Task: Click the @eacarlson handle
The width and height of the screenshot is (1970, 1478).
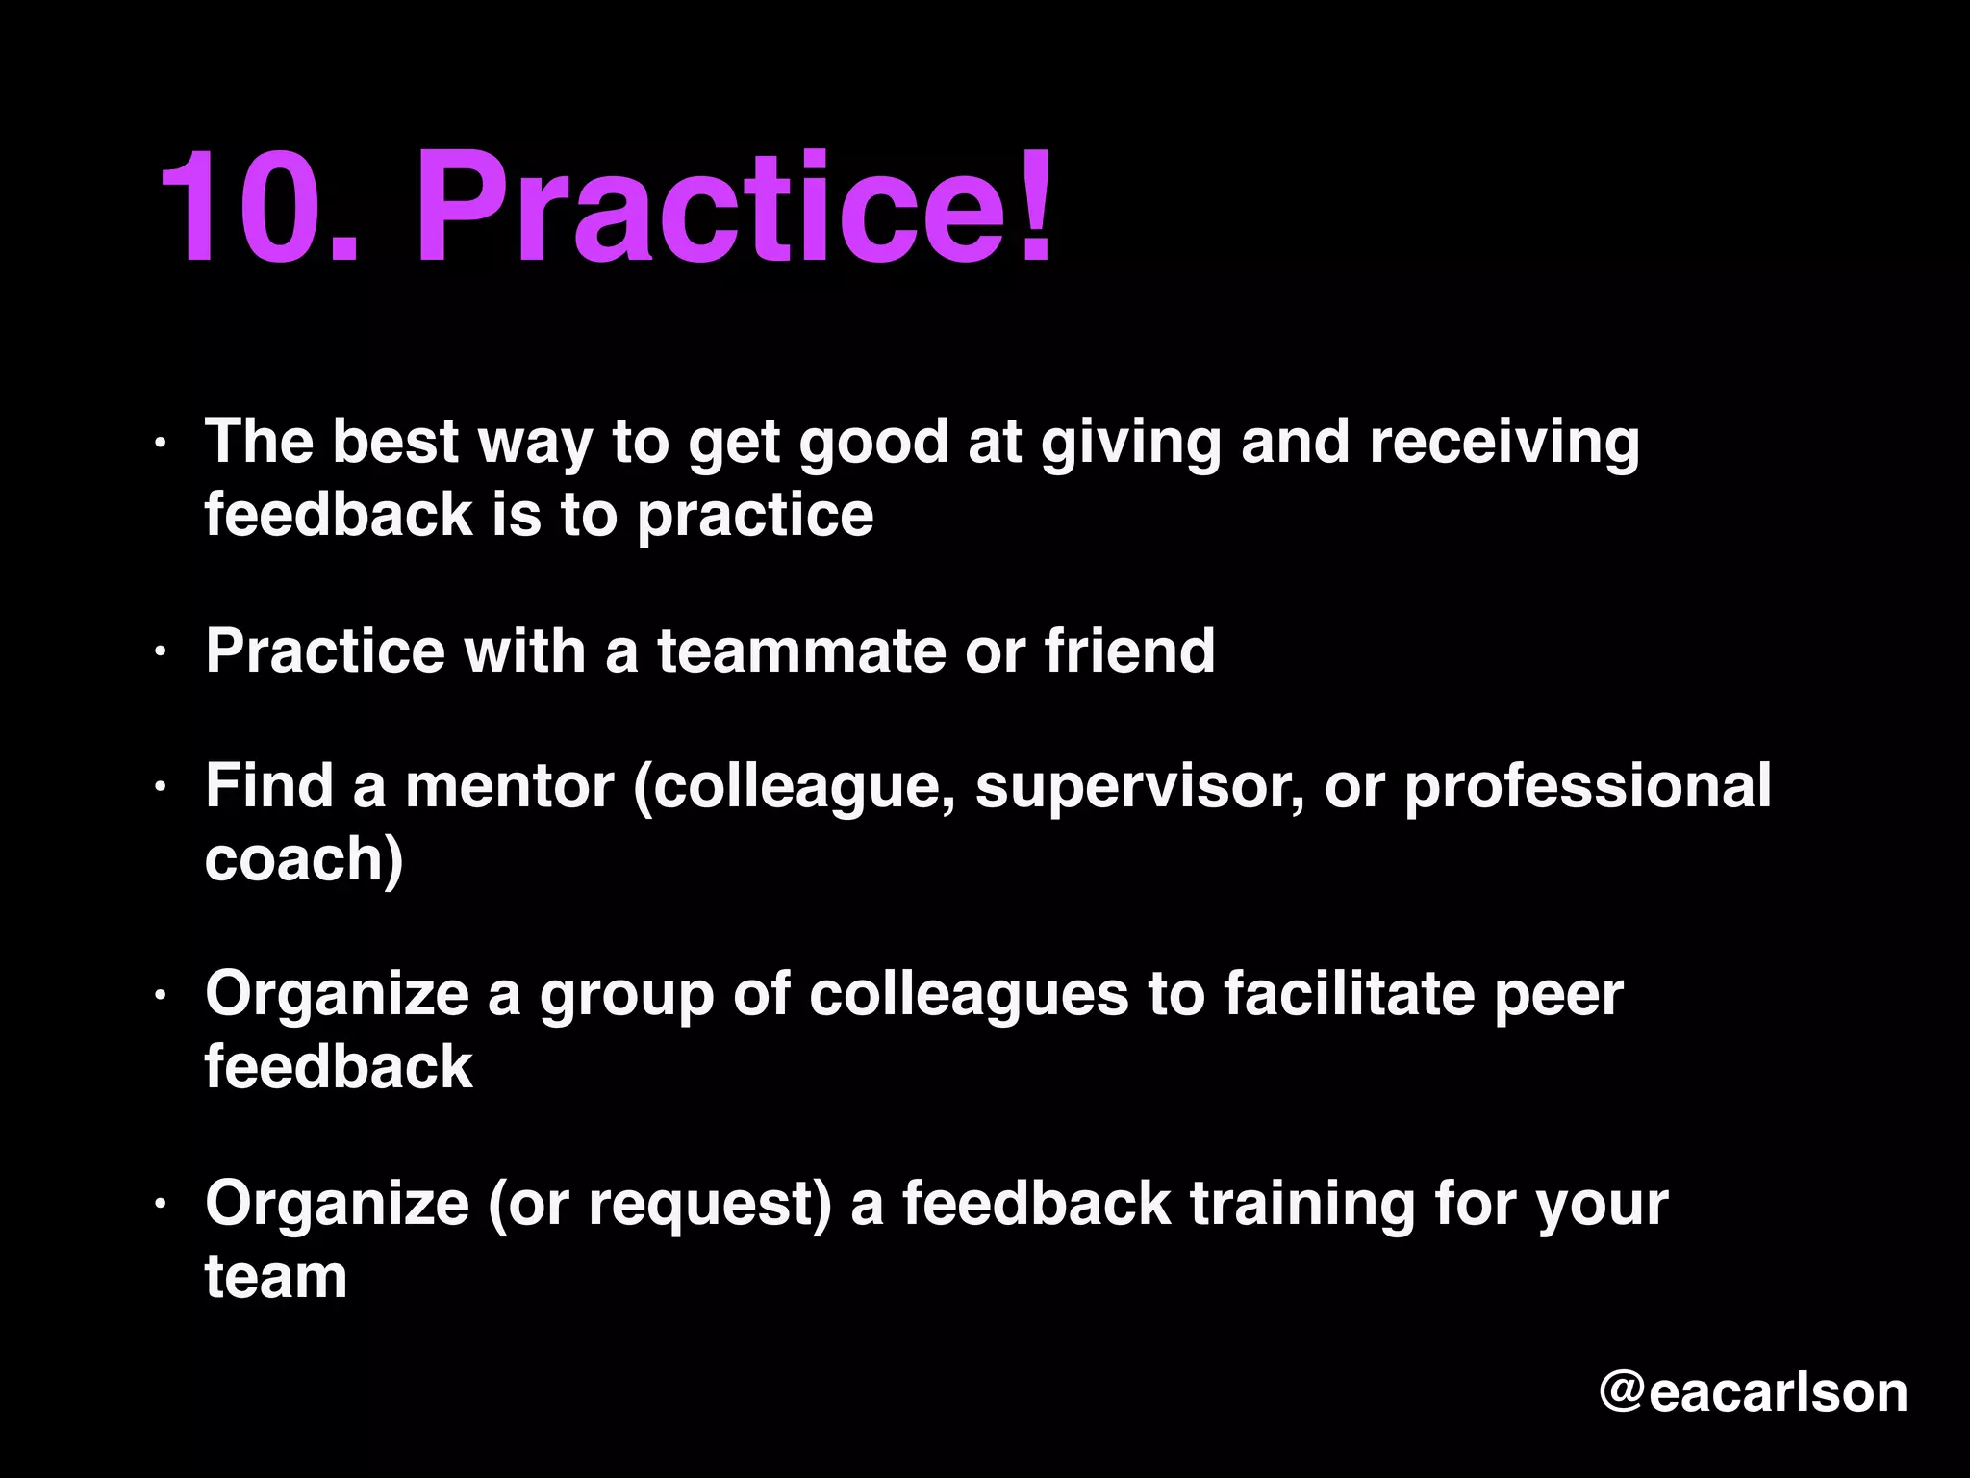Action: [x=1753, y=1392]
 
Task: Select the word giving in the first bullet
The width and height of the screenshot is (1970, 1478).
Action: [x=1131, y=443]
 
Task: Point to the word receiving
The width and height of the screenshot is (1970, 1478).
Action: [x=1504, y=443]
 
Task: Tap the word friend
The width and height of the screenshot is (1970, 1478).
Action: [x=1130, y=651]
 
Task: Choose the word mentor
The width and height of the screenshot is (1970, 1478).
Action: [x=510, y=786]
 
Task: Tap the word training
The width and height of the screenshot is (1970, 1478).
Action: [x=1302, y=1205]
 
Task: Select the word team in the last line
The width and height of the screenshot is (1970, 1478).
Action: [x=276, y=1277]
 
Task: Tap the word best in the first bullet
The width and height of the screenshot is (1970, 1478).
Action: [x=395, y=443]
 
